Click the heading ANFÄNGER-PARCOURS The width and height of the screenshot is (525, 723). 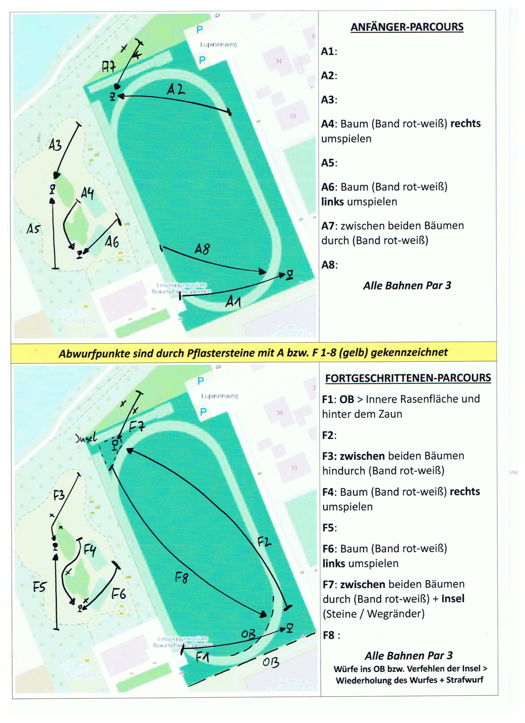(x=407, y=27)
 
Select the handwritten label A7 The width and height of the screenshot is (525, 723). (x=108, y=67)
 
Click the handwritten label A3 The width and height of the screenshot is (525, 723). (x=55, y=145)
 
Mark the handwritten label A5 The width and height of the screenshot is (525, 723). (x=33, y=229)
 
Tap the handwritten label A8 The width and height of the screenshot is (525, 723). (x=202, y=249)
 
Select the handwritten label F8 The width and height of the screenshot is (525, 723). (x=181, y=577)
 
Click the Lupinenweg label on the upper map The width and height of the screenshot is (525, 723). (x=218, y=45)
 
